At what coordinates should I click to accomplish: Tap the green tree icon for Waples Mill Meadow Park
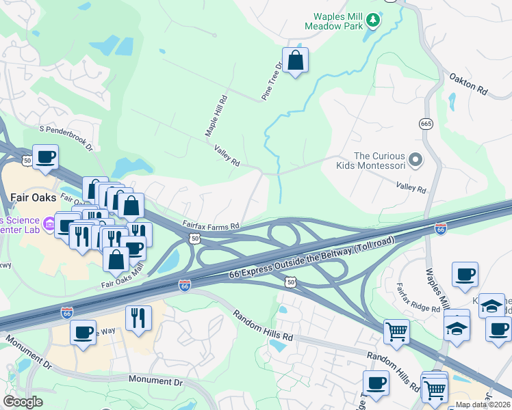point(373,20)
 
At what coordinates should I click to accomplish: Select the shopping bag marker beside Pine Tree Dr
point(295,61)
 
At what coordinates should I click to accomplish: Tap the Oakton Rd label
point(468,85)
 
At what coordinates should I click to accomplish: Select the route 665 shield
point(426,124)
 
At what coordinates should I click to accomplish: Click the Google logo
point(23,402)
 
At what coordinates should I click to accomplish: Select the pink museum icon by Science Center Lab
point(49,223)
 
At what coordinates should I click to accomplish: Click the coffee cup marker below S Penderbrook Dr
point(45,157)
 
